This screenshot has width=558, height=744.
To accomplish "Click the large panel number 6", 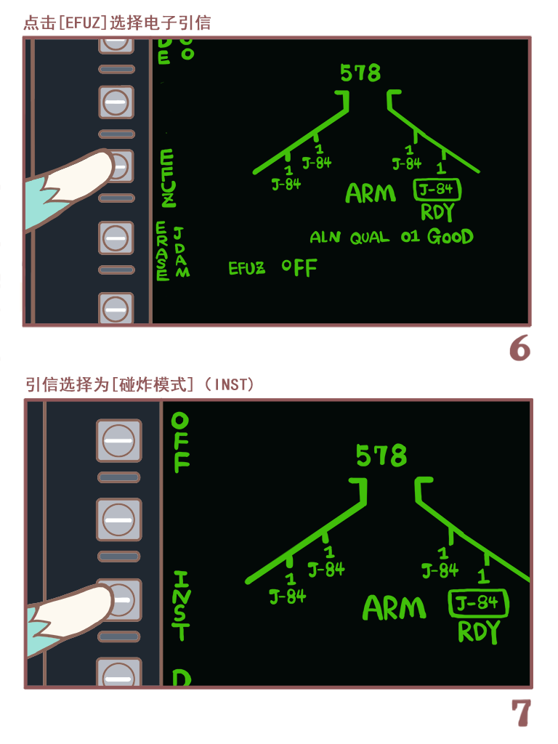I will point(519,349).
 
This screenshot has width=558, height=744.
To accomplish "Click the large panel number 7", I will point(521,713).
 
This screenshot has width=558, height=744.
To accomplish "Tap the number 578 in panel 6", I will point(360,73).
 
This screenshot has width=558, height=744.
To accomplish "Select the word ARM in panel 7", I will point(394,608).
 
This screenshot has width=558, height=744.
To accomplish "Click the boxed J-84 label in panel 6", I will point(437,190).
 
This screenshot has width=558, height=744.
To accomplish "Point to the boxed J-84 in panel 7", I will point(477,603).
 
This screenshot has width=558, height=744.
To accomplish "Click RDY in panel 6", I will point(437,212).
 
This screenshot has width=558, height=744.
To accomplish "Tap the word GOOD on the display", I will point(450,237).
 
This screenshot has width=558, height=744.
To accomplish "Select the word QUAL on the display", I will point(370,238).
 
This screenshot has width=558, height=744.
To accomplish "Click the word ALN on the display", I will point(325,238).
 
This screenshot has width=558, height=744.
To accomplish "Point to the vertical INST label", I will point(181,605).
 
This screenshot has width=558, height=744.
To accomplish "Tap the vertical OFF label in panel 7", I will point(180,442).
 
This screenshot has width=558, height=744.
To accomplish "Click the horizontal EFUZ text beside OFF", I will point(247,268).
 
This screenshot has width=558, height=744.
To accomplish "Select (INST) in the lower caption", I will point(230,384).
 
